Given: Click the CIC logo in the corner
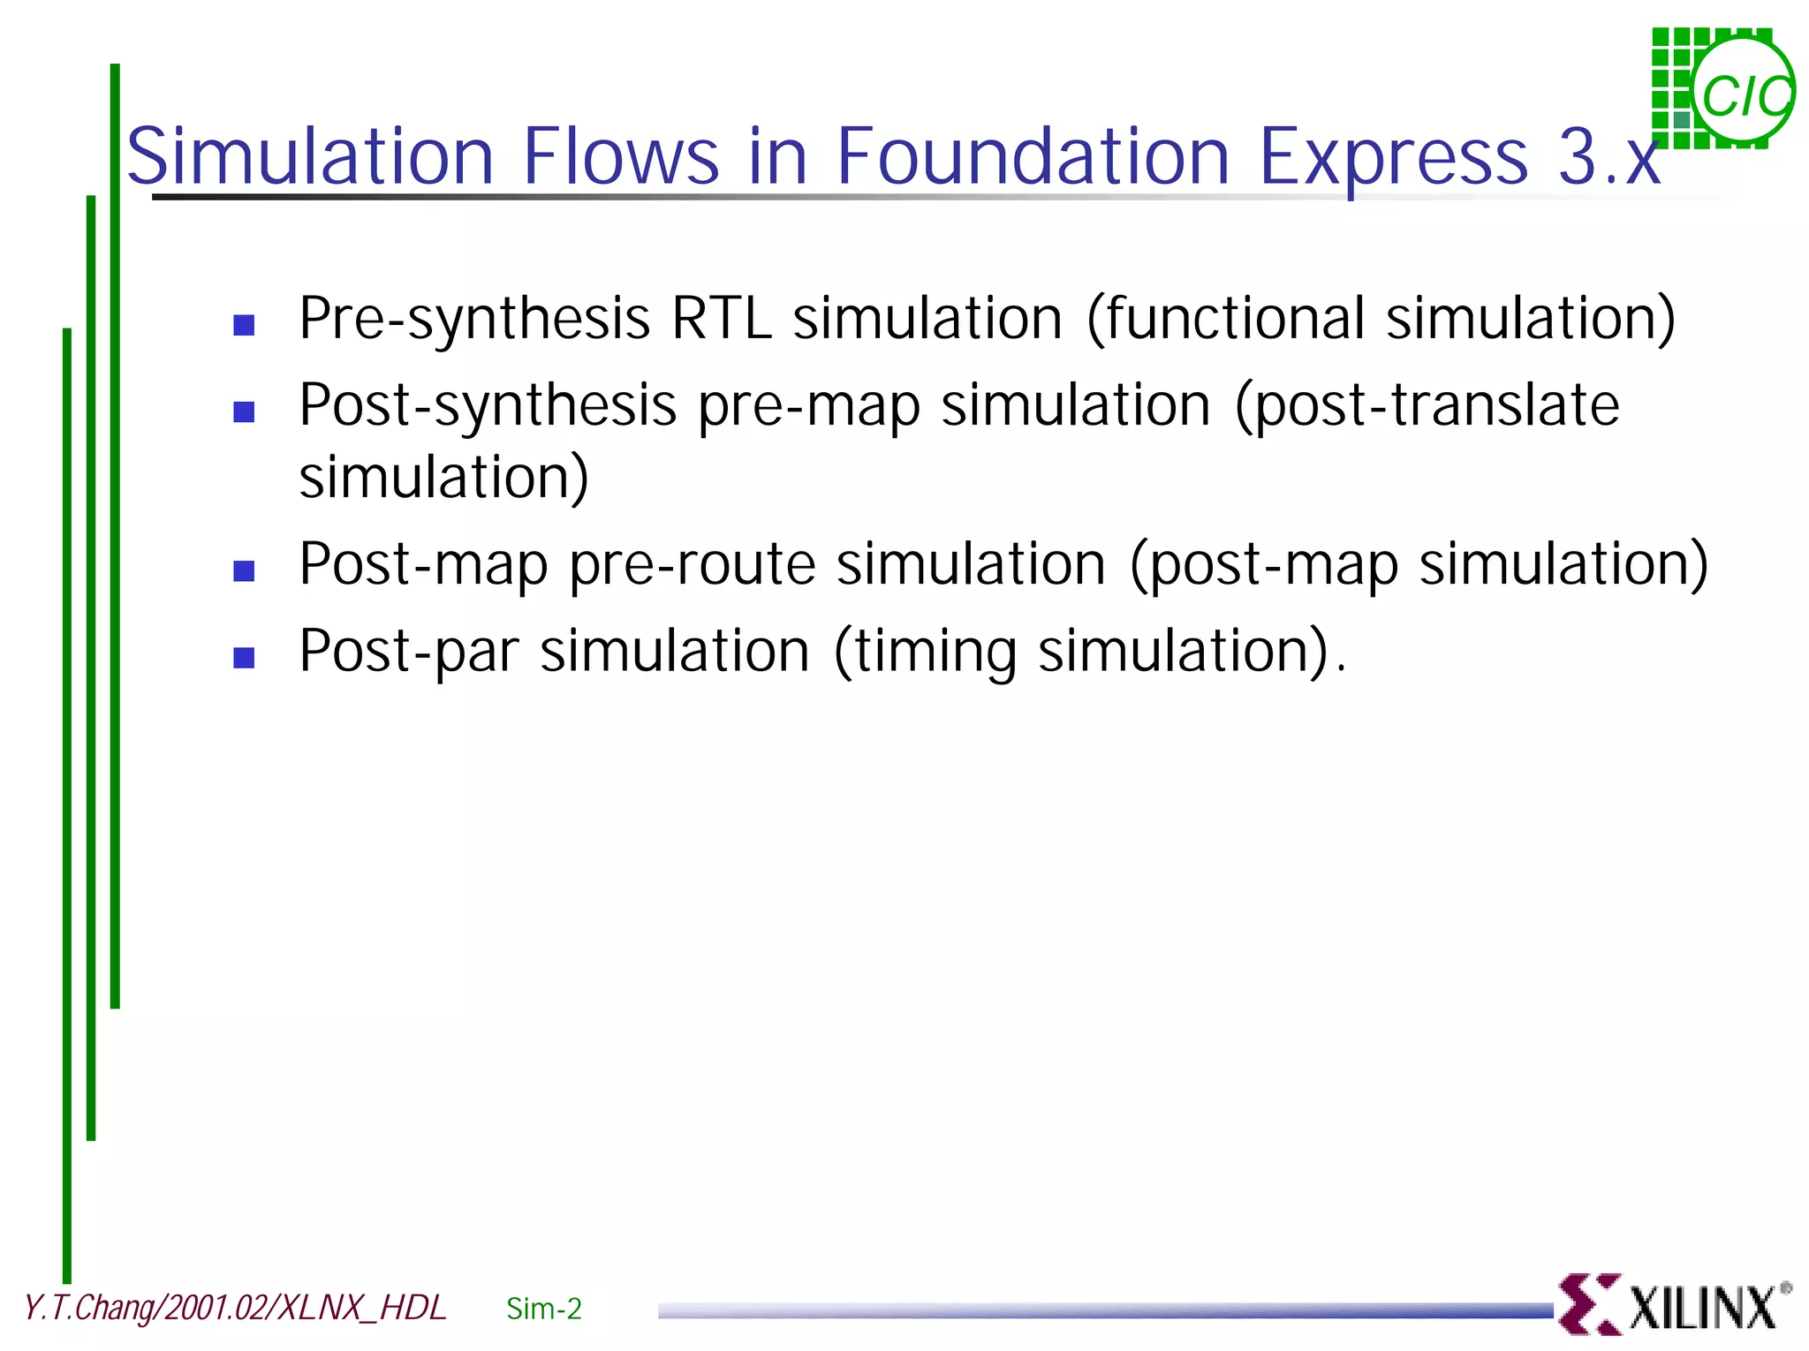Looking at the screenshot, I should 1722,88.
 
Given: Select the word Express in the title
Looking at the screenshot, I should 1393,157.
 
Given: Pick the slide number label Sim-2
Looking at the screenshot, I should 543,1309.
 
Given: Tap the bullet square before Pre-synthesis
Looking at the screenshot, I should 244,325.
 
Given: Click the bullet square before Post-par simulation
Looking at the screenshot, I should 244,658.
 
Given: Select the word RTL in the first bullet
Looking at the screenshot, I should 721,319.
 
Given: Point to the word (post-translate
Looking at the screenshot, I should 1427,405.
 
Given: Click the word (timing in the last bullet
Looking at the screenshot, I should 925,652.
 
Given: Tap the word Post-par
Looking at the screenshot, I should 408,652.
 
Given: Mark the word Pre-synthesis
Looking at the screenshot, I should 474,319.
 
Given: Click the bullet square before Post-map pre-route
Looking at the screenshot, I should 244,571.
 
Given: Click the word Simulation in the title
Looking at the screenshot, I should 310,157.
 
